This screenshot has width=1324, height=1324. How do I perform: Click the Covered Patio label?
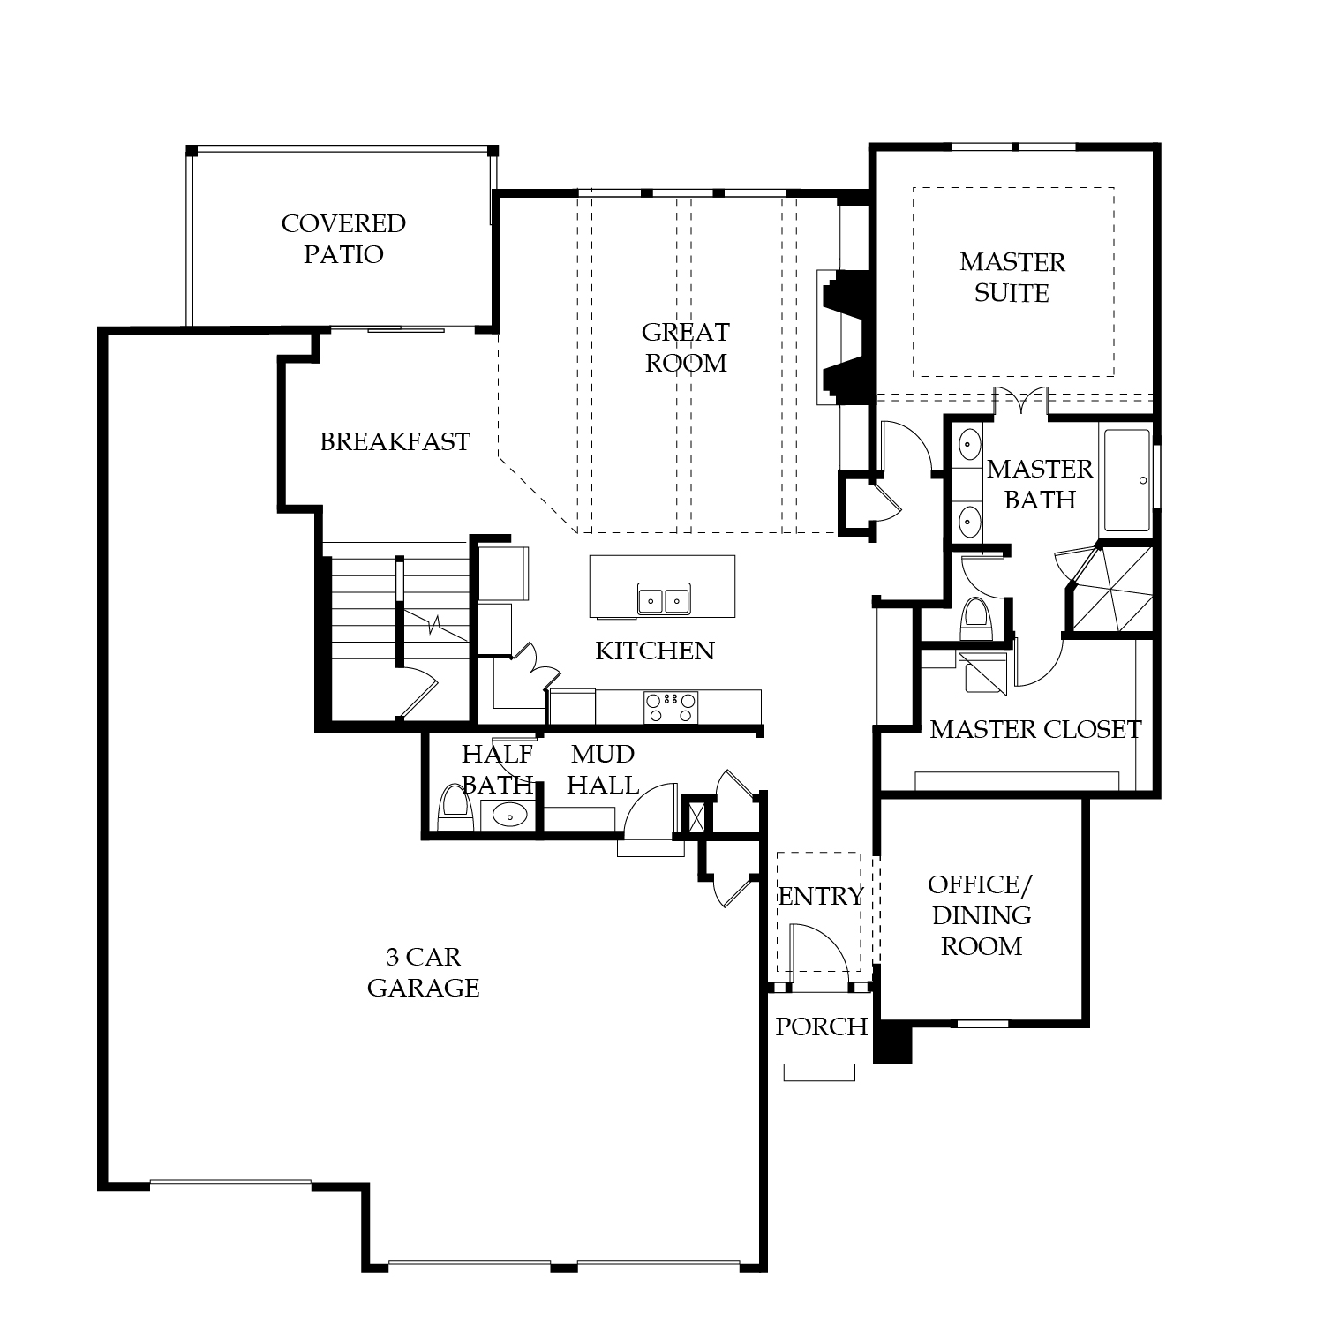pyautogui.click(x=343, y=238)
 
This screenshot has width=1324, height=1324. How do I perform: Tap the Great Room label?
pyautogui.click(x=686, y=347)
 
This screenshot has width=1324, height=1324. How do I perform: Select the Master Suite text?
pyautogui.click(x=1012, y=277)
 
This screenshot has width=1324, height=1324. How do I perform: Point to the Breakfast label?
pyautogui.click(x=395, y=441)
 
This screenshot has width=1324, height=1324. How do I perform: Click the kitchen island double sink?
pyautogui.click(x=664, y=599)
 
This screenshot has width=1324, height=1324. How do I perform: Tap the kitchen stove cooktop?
pyautogui.click(x=671, y=707)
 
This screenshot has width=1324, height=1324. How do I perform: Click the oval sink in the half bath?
pyautogui.click(x=508, y=816)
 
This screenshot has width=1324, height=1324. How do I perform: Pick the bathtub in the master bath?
pyautogui.click(x=1127, y=480)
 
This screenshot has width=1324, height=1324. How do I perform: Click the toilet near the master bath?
pyautogui.click(x=976, y=619)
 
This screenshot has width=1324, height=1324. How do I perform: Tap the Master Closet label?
pyautogui.click(x=1035, y=729)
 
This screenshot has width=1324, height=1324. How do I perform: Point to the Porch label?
pyautogui.click(x=821, y=1027)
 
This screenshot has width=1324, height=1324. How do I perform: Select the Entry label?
pyautogui.click(x=820, y=896)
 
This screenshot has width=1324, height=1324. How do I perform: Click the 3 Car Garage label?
pyautogui.click(x=424, y=972)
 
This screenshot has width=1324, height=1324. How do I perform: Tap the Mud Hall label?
pyautogui.click(x=603, y=769)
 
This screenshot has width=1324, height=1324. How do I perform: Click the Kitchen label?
pyautogui.click(x=655, y=651)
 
